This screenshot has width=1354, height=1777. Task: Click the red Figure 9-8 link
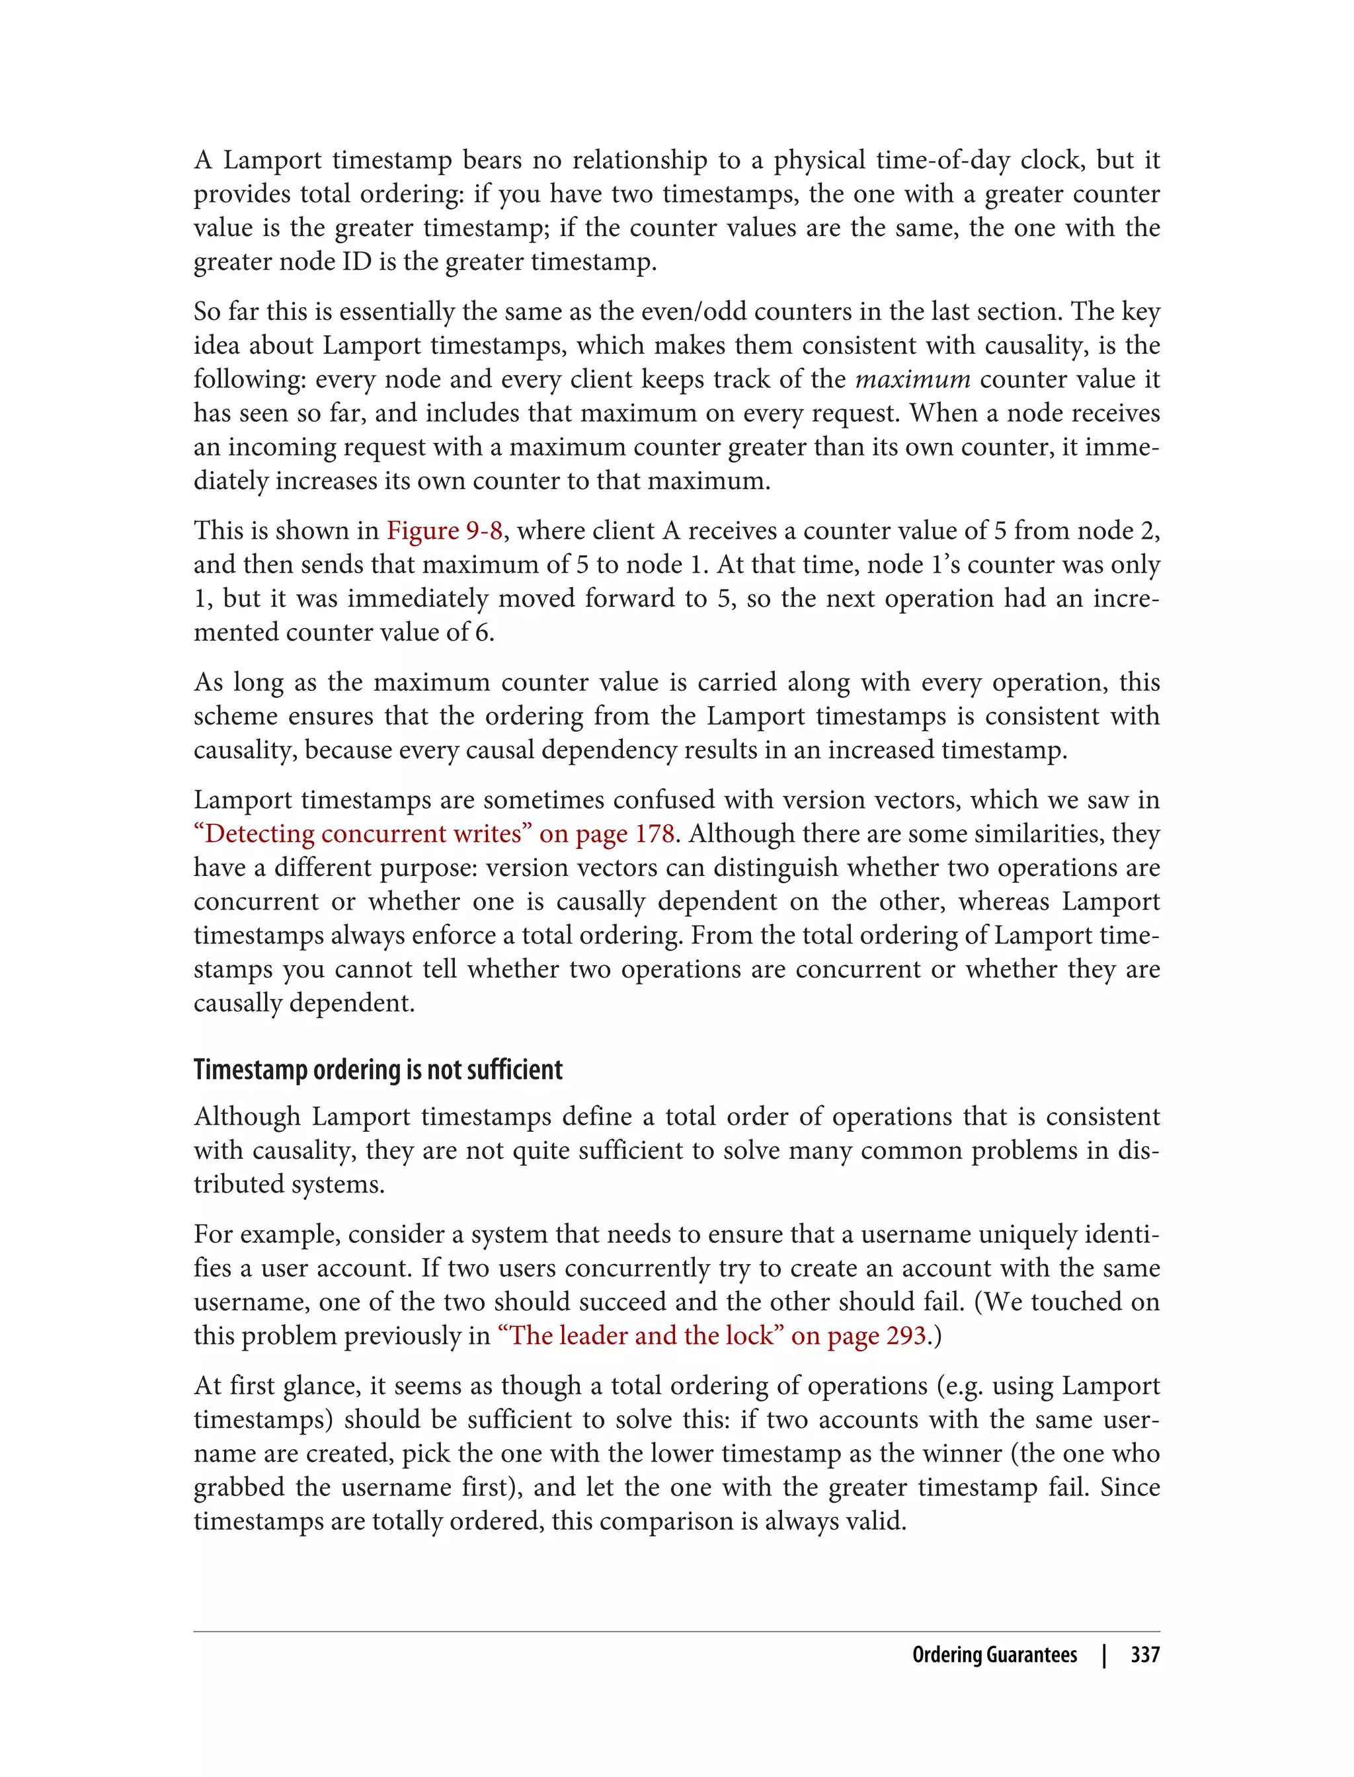tap(444, 531)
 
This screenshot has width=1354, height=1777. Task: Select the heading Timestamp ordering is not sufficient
tap(378, 1070)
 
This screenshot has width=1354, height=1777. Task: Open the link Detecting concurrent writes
tap(358, 834)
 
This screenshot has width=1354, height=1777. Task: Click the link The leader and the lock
tap(641, 1336)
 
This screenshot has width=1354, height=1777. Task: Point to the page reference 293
tap(906, 1336)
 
